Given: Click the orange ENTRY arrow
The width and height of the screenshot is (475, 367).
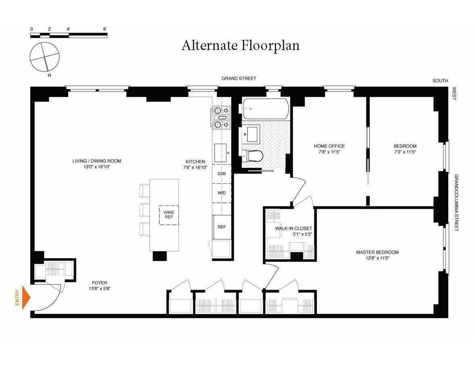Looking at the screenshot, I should [25, 297].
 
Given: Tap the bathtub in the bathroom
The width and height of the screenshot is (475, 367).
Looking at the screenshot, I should [265, 108].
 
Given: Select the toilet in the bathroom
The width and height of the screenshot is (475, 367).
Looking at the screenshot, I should [253, 156].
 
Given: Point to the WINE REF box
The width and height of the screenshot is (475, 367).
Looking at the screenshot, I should [169, 215].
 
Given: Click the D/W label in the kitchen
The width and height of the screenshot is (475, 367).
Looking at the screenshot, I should [222, 174].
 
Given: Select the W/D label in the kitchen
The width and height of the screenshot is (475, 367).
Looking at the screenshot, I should [222, 193].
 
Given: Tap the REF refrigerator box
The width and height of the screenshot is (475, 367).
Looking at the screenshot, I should [222, 227].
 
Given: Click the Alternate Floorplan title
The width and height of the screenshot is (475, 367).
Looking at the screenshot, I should [241, 45].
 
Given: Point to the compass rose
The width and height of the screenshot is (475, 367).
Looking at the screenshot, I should [45, 56].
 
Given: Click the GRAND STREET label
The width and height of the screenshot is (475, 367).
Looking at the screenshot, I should [239, 79].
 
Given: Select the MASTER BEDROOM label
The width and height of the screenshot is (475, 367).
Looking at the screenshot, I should [377, 252].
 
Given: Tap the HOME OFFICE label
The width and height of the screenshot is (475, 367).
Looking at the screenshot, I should [329, 146].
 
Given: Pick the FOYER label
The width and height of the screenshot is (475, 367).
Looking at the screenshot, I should [99, 283].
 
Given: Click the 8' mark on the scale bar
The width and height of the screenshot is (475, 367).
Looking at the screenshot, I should [105, 29].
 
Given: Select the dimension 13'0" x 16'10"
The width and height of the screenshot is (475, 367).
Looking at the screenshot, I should [96, 167].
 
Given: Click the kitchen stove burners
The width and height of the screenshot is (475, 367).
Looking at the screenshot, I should [221, 117].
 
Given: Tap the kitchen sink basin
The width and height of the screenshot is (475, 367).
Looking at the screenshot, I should [221, 152].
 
